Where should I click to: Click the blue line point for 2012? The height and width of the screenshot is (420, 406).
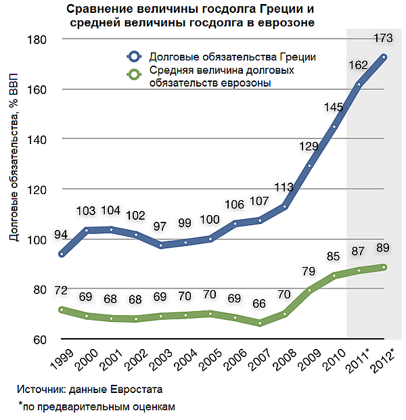384,57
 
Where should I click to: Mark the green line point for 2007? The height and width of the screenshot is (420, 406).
261,323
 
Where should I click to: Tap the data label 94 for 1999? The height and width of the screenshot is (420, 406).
62,235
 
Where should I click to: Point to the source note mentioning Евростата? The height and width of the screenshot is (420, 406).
90,390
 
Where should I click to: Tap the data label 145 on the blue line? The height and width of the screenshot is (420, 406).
334,107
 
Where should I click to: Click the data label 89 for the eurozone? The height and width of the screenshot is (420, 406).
384,248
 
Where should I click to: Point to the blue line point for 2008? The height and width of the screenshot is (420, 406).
285,206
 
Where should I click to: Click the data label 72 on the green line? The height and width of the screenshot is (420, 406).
62,291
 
